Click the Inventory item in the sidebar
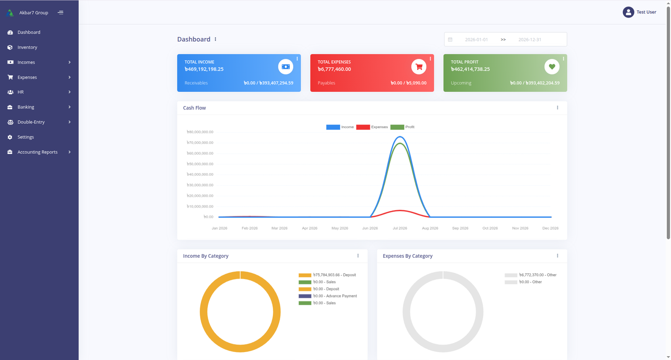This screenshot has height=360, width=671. [27, 47]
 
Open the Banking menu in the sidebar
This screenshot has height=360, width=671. [26, 107]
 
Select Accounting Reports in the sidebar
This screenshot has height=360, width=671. [37, 152]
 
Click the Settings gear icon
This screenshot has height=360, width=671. [10, 137]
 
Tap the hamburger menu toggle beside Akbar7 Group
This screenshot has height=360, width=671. [60, 13]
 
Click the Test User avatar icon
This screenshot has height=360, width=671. [628, 12]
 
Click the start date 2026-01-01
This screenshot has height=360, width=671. [476, 39]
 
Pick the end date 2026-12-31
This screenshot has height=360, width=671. [530, 39]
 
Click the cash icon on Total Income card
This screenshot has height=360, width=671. [286, 67]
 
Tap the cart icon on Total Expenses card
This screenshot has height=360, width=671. [419, 67]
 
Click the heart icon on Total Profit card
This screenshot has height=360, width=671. [552, 67]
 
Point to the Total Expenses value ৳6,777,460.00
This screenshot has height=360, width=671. [334, 69]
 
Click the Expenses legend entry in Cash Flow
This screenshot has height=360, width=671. [372, 127]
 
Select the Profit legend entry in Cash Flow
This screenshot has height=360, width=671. [402, 127]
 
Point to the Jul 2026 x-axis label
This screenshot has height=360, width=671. [400, 228]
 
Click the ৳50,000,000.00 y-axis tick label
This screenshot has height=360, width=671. [200, 164]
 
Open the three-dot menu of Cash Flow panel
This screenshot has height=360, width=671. [557, 108]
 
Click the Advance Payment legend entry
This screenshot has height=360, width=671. [328, 296]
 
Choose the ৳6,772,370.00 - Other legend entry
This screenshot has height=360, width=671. [531, 275]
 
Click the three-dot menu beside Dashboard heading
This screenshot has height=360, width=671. [216, 39]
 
